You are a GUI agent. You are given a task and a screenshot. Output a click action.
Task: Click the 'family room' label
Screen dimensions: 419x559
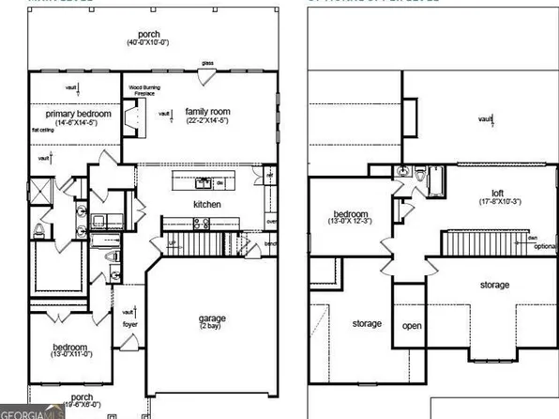click(x=206, y=111)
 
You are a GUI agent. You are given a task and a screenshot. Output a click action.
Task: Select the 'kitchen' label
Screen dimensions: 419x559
click(x=206, y=203)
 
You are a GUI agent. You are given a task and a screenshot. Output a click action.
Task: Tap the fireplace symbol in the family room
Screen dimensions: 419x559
click(x=138, y=116)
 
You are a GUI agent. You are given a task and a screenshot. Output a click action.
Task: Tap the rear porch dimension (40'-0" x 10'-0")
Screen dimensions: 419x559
click(x=147, y=43)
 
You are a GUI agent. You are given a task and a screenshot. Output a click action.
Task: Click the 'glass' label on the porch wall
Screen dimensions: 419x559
click(x=206, y=64)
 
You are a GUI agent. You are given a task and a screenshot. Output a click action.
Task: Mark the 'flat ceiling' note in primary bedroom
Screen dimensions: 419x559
click(x=43, y=130)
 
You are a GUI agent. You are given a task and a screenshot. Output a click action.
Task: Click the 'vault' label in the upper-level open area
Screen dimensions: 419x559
click(x=484, y=119)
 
